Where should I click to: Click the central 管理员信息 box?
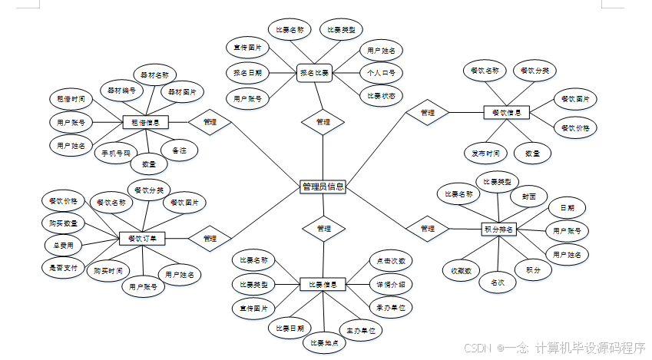[323, 187]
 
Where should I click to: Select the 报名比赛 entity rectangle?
[314, 74]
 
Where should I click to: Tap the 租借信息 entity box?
[145, 122]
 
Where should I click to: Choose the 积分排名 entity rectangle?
[498, 229]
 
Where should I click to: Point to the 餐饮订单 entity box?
[142, 238]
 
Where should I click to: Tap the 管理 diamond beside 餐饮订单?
[210, 238]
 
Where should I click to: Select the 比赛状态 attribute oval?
[381, 96]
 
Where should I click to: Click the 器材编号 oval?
[121, 90]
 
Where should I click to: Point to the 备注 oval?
[180, 150]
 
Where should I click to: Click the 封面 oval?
[528, 196]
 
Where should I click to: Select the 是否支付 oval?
[60, 267]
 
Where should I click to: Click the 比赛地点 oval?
[325, 342]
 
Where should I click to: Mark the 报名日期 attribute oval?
[247, 74]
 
